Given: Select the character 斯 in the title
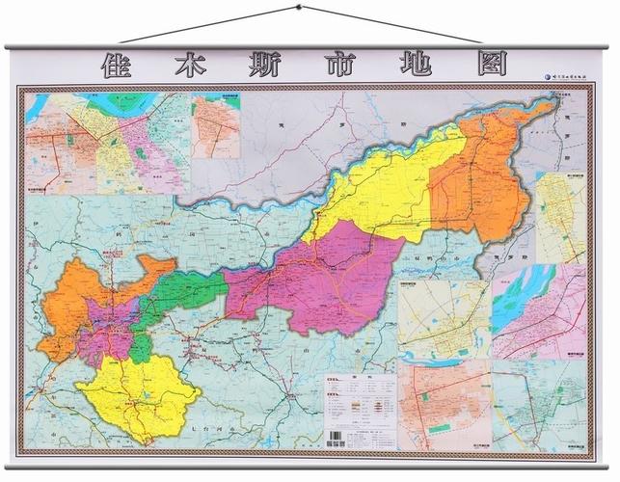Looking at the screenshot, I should point(248,67).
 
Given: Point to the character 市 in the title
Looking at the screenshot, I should point(313,67).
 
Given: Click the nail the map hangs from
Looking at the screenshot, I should point(299,8).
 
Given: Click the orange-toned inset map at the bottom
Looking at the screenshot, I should point(444,405).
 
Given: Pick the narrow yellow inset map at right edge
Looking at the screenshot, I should point(560,217).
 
